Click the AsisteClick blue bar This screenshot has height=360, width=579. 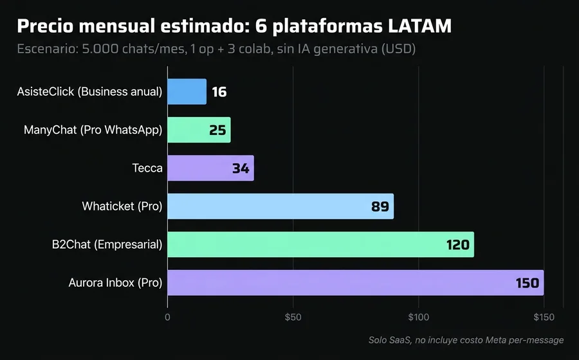pyautogui.click(x=187, y=92)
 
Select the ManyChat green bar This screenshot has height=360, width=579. pyautogui.click(x=199, y=130)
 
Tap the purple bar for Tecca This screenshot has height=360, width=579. pyautogui.click(x=210, y=168)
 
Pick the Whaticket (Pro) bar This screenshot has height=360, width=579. pyautogui.click(x=280, y=206)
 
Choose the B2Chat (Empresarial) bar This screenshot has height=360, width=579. pyautogui.click(x=320, y=245)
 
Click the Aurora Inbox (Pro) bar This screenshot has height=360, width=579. pyautogui.click(x=355, y=283)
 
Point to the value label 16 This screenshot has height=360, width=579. pyautogui.click(x=219, y=92)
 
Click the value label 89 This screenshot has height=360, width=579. pyautogui.click(x=380, y=207)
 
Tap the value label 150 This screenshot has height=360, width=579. pyautogui.click(x=527, y=283)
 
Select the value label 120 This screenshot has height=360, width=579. pyautogui.click(x=458, y=245)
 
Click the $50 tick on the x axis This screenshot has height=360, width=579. pyautogui.click(x=293, y=317)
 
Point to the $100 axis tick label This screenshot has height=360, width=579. pyautogui.click(x=418, y=317)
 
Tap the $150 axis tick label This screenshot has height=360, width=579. pyautogui.click(x=544, y=317)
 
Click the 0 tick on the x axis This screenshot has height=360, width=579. pyautogui.click(x=167, y=317)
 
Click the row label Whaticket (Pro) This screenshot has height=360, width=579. pyautogui.click(x=122, y=206)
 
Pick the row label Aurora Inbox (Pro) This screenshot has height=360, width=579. pyautogui.click(x=115, y=283)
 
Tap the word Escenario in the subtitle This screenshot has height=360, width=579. pyautogui.click(x=47, y=50)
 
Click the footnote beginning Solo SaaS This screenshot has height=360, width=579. pyautogui.click(x=466, y=339)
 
